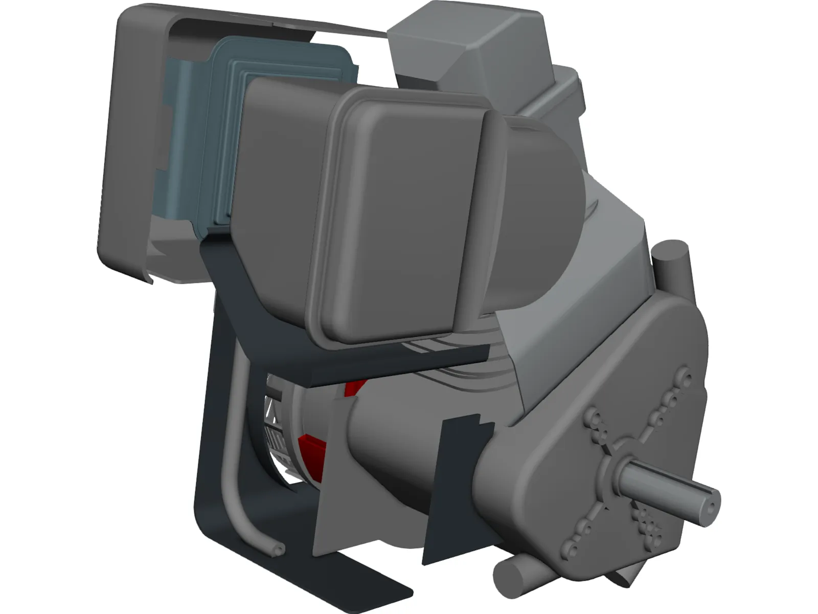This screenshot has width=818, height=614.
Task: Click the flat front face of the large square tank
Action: (x=404, y=215)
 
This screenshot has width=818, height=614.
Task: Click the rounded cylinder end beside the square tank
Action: (x=537, y=205)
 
